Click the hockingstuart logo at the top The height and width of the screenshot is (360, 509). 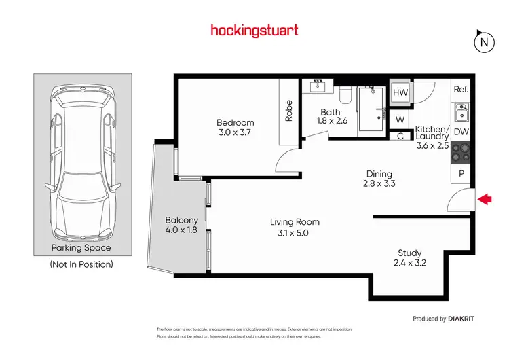tap(254, 31)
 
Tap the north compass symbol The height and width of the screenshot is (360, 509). tap(483, 42)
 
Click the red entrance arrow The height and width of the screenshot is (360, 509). tap(485, 199)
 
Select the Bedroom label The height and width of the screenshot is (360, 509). tap(235, 123)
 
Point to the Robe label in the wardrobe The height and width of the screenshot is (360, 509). tap(288, 111)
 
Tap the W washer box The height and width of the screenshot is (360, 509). tap(400, 120)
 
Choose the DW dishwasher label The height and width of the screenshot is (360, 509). tap(461, 132)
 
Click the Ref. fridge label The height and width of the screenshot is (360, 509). tap(461, 90)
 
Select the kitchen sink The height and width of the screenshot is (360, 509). tap(461, 109)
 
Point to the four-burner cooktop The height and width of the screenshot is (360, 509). tap(461, 152)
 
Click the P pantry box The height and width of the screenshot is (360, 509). tap(461, 174)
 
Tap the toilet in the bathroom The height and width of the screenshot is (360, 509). tap(345, 96)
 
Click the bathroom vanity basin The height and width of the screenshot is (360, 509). tap(318, 87)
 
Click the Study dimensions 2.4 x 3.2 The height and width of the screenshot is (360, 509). tap(409, 264)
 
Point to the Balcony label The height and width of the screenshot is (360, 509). tap(181, 220)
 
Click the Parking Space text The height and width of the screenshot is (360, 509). tap(81, 248)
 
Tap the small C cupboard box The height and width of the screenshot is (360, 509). tap(400, 135)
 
